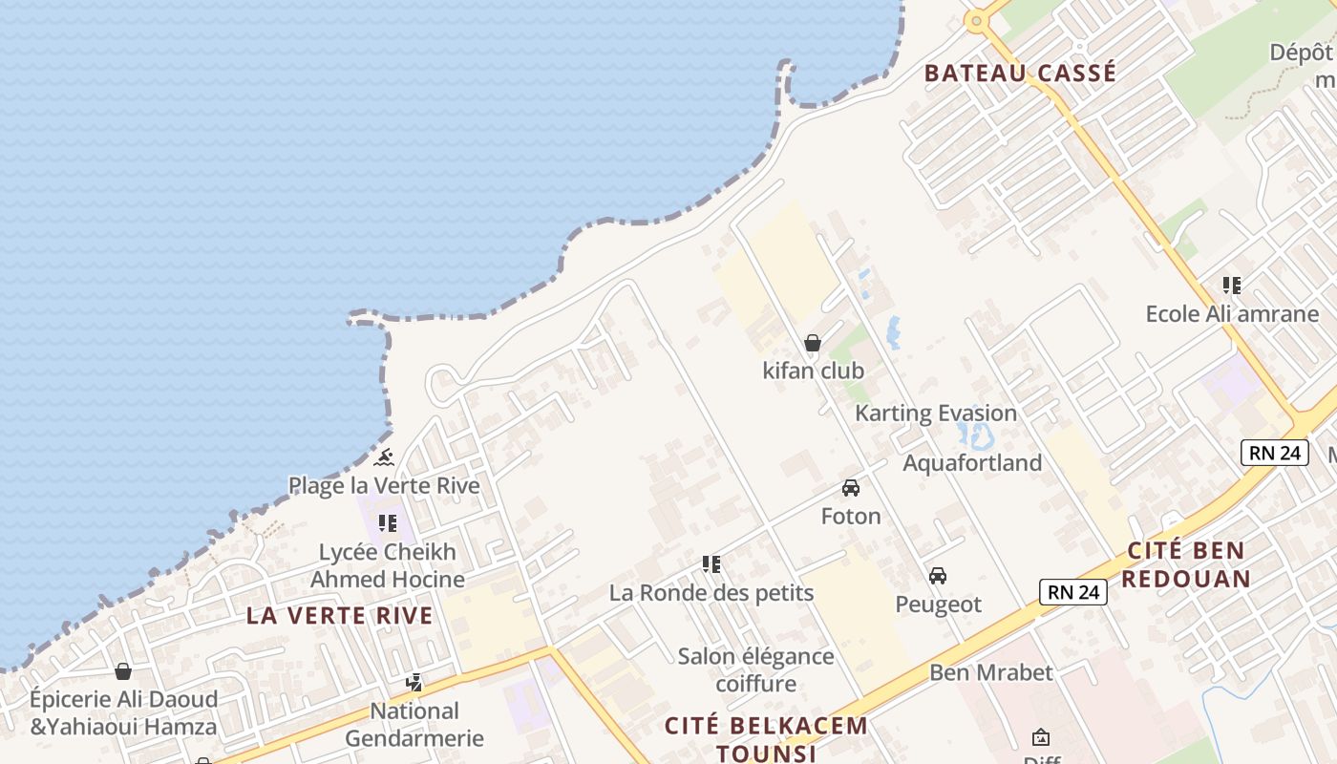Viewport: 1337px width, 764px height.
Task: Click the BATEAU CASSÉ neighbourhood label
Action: pyautogui.click(x=1020, y=74)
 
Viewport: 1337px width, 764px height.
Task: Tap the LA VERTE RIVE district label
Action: pyautogui.click(x=340, y=616)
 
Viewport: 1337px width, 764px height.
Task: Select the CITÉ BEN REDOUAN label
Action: pyautogui.click(x=1186, y=564)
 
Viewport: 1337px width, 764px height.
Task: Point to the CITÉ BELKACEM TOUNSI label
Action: pyautogui.click(x=766, y=738)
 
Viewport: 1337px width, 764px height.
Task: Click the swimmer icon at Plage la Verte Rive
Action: pyautogui.click(x=384, y=457)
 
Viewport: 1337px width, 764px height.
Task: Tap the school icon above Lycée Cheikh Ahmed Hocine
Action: pyautogui.click(x=387, y=522)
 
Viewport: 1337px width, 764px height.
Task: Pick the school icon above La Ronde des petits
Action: pyautogui.click(x=711, y=563)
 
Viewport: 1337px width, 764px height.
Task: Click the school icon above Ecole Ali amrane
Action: pyautogui.click(x=1232, y=285)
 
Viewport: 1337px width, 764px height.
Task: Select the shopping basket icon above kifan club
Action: pyautogui.click(x=813, y=343)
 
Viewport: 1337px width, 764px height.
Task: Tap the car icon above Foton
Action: pyautogui.click(x=851, y=488)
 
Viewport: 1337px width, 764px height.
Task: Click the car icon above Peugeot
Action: pyautogui.click(x=938, y=576)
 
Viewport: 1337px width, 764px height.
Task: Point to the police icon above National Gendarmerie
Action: pyautogui.click(x=414, y=683)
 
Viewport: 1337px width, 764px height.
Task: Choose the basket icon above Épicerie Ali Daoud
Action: pyautogui.click(x=123, y=671)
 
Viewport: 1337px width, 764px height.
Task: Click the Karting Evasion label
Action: pyautogui.click(x=936, y=414)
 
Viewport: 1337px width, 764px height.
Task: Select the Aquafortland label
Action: pyautogui.click(x=972, y=463)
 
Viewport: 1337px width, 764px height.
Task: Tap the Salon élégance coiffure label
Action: pyautogui.click(x=755, y=669)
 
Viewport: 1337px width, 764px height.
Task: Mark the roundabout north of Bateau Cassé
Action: pyautogui.click(x=975, y=20)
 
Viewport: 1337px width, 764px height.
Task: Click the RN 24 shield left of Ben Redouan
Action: pyautogui.click(x=1073, y=592)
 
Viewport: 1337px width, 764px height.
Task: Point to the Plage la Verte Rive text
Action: pyautogui.click(x=384, y=486)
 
